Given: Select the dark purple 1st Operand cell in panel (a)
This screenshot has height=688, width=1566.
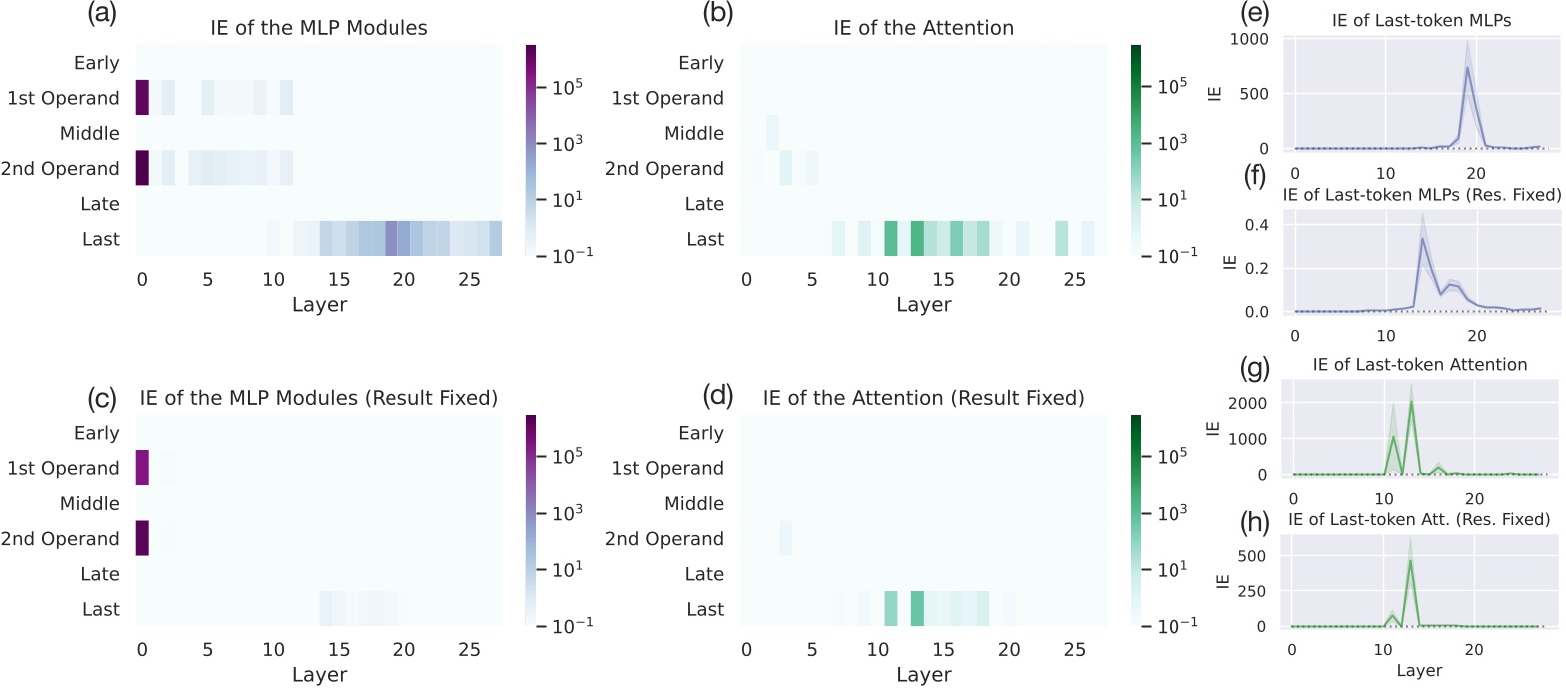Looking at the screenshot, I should click(x=141, y=98).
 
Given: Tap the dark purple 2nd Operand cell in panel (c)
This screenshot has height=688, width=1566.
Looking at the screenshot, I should click(x=141, y=538).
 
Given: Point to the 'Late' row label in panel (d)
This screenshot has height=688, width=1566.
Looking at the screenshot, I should click(x=701, y=574).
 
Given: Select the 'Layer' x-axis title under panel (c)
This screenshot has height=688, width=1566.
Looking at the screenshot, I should click(x=319, y=675).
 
